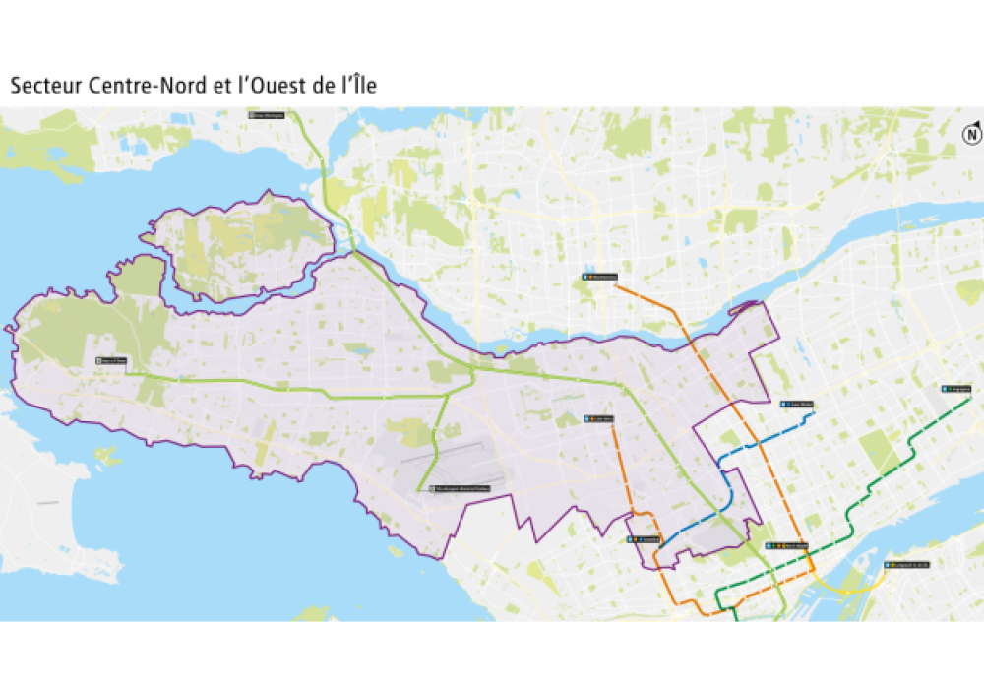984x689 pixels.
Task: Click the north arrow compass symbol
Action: pos(972,134)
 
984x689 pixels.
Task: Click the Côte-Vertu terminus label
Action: pos(599,418)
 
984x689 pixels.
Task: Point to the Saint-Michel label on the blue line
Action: pos(797,405)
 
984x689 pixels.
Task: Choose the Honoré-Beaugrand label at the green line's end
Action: pos(955,389)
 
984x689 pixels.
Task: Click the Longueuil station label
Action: pos(906,565)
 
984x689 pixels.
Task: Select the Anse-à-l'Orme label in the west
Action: pos(112,361)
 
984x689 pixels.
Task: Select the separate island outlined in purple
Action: pos(236,246)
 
